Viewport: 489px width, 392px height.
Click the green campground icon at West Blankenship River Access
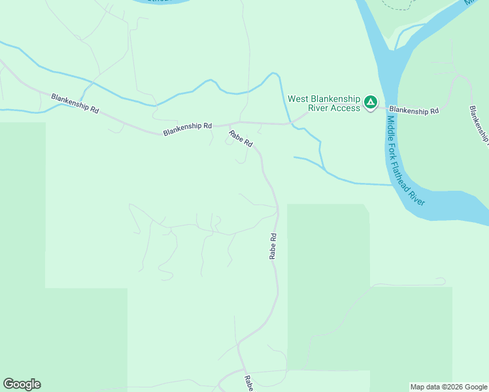(x=371, y=102)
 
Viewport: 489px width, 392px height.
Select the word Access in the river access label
(x=346, y=108)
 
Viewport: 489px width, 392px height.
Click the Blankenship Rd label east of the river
(x=414, y=111)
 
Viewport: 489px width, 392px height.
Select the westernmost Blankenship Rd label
(x=75, y=103)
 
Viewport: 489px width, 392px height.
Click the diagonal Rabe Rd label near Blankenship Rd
(x=240, y=139)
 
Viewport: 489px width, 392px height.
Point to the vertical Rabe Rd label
(x=273, y=246)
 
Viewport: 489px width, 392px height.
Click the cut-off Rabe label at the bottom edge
(x=248, y=384)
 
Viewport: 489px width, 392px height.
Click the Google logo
(x=22, y=384)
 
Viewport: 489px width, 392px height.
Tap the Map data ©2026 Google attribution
(x=449, y=387)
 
